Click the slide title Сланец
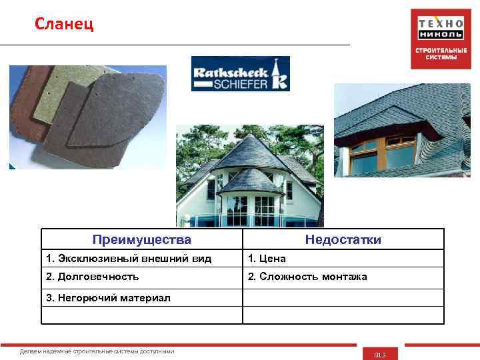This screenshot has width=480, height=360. click(65, 25)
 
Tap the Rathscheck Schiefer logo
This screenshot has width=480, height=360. click(240, 73)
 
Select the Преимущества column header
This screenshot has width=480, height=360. click(141, 239)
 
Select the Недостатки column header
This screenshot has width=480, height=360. click(343, 239)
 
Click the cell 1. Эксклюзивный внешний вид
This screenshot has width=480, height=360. click(129, 258)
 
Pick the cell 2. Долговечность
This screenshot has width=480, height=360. click(93, 276)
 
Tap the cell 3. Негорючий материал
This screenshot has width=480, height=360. click(109, 297)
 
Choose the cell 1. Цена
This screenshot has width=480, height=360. click(267, 258)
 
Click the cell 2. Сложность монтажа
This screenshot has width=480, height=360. click(307, 276)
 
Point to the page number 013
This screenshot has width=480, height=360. click(380, 354)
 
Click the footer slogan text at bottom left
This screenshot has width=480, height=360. click(97, 351)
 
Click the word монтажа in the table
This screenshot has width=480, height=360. click(344, 276)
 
